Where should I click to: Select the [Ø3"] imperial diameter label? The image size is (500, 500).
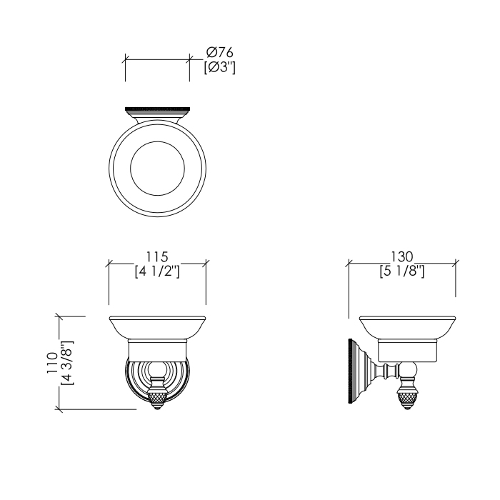point(220,68)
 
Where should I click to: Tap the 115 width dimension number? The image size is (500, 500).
point(157,256)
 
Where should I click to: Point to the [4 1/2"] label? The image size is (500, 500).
point(157,271)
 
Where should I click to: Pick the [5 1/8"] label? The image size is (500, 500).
point(402,271)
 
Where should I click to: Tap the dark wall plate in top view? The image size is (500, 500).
point(157,111)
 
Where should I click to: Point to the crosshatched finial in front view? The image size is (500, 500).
point(157,398)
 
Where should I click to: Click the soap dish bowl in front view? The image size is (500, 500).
point(157,329)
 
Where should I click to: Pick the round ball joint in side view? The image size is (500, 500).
point(406,371)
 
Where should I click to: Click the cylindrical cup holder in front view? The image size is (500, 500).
point(157,351)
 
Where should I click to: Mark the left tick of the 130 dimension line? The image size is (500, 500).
point(349,264)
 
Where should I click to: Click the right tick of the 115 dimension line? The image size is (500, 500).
point(206,264)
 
